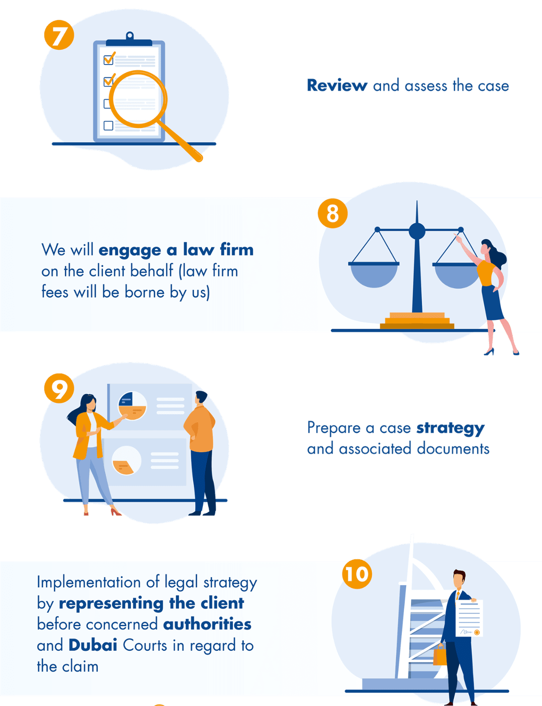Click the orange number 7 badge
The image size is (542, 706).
[59, 35]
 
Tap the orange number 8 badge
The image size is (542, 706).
[333, 214]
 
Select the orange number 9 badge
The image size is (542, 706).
[59, 388]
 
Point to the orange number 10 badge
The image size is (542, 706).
[357, 574]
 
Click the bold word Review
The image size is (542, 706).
[337, 86]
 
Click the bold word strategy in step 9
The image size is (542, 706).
[450, 428]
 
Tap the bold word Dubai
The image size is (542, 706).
[93, 645]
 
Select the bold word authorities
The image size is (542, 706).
[207, 624]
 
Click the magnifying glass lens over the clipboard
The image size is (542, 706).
[138, 99]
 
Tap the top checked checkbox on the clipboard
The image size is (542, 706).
[108, 59]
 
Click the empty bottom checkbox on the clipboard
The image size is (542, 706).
[108, 126]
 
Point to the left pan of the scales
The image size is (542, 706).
[374, 274]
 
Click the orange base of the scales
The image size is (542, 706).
[417, 321]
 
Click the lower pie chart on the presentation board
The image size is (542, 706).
[126, 460]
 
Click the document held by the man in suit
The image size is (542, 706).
[469, 618]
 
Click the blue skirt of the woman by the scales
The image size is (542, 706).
[493, 303]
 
